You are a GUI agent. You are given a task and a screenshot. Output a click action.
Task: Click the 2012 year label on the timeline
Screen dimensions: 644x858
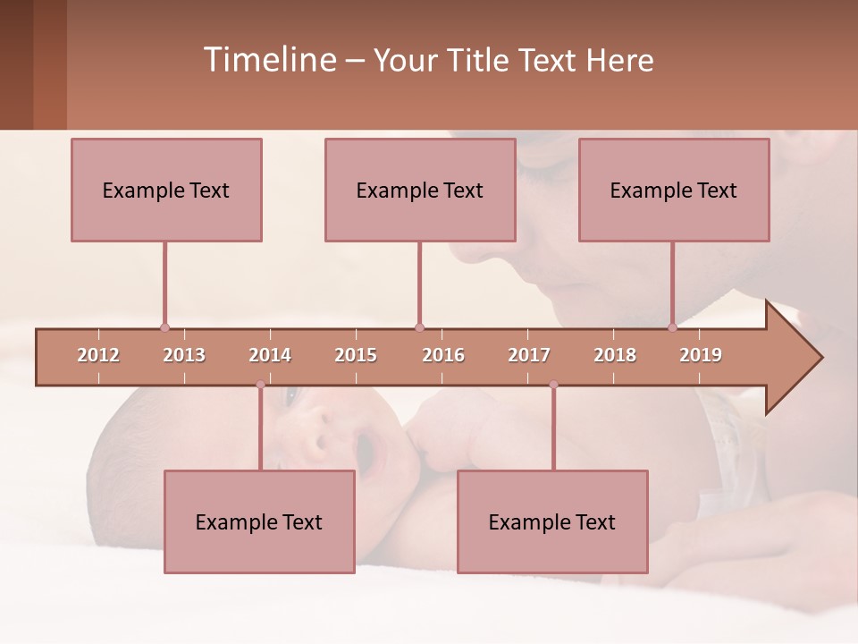(98, 355)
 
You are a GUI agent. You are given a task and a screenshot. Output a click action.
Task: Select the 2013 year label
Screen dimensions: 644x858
(184, 355)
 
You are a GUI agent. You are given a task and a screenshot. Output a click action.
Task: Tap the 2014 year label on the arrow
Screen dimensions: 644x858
(270, 355)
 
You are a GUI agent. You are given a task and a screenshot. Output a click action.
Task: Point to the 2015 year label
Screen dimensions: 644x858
(356, 355)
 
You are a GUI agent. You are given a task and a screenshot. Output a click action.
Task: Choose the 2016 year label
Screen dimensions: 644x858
(443, 355)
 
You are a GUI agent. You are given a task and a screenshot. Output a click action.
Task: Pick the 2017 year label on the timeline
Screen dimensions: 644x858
(529, 355)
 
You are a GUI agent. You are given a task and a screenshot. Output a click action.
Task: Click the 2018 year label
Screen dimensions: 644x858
(615, 355)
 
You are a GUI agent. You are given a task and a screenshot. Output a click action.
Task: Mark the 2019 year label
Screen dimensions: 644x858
(701, 355)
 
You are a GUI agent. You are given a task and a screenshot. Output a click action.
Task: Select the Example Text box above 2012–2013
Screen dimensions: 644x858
(166, 190)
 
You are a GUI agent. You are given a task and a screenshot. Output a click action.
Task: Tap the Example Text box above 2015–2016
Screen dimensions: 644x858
(420, 190)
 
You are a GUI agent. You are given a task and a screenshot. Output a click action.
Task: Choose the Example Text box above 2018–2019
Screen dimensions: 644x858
(674, 190)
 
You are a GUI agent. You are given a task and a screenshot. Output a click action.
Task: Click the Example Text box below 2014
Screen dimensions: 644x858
(259, 521)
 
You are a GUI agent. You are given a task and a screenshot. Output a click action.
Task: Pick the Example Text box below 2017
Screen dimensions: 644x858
(552, 521)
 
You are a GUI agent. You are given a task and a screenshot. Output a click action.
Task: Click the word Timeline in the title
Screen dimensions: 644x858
(268, 60)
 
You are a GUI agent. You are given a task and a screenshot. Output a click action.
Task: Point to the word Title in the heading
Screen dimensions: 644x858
(480, 60)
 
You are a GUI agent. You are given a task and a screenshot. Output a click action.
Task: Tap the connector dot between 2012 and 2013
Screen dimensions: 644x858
(164, 327)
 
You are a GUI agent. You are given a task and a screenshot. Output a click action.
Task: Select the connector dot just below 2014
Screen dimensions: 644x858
(260, 385)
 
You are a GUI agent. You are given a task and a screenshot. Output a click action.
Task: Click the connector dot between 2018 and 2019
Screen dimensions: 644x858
(672, 327)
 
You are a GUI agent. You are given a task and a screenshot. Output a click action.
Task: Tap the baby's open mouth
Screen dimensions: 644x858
(366, 453)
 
